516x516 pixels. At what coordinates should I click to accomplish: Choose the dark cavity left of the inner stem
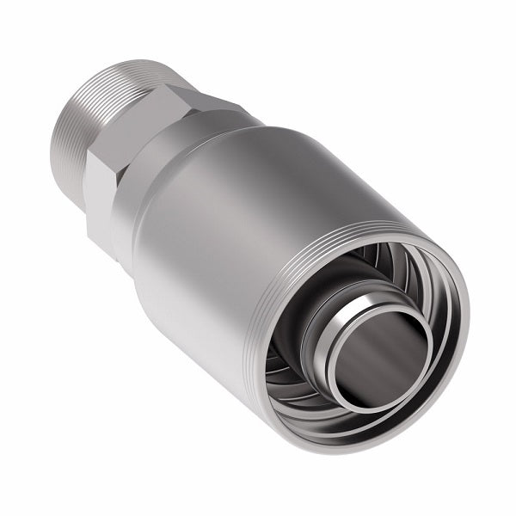[x=288, y=335]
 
